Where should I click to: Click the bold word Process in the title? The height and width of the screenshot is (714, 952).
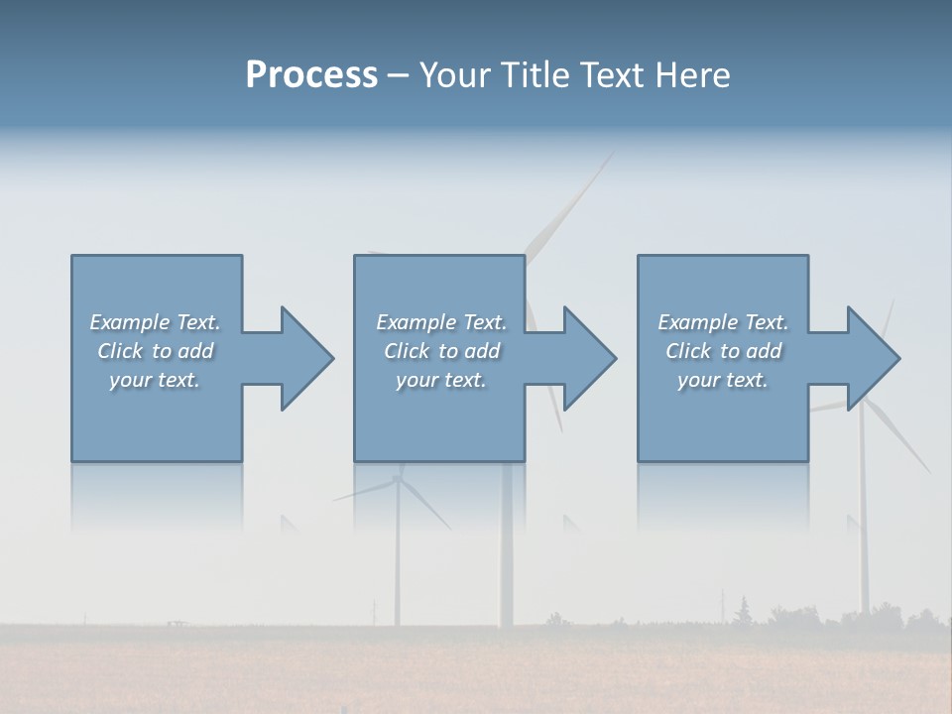pos(311,75)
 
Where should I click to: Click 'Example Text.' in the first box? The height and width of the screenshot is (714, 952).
pos(155,322)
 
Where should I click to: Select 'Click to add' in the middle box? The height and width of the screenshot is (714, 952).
pos(441,351)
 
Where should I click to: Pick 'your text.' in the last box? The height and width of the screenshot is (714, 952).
pos(723,380)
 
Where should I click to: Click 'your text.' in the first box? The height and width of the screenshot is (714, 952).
pos(155,380)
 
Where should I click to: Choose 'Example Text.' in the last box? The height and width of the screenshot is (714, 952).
pos(723,322)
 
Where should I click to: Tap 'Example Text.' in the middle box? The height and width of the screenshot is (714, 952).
pos(441,322)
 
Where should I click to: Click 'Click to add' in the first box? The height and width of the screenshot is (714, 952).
pos(155,351)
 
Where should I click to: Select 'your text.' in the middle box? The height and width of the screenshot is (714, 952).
pos(441,380)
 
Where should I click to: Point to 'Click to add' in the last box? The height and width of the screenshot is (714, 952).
pos(723,351)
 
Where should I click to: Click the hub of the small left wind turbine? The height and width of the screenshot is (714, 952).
pos(398,479)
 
